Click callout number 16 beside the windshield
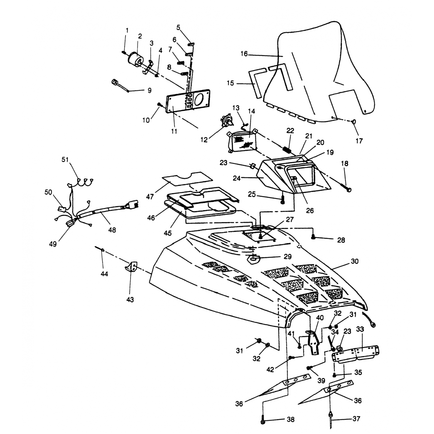[x=244, y=54]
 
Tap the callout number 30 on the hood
[x=354, y=261]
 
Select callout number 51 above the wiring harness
[x=65, y=160]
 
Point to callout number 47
[x=150, y=197]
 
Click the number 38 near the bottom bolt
[x=290, y=419]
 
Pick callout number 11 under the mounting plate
[x=174, y=131]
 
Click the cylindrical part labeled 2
[x=135, y=59]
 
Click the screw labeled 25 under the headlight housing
[x=283, y=199]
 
